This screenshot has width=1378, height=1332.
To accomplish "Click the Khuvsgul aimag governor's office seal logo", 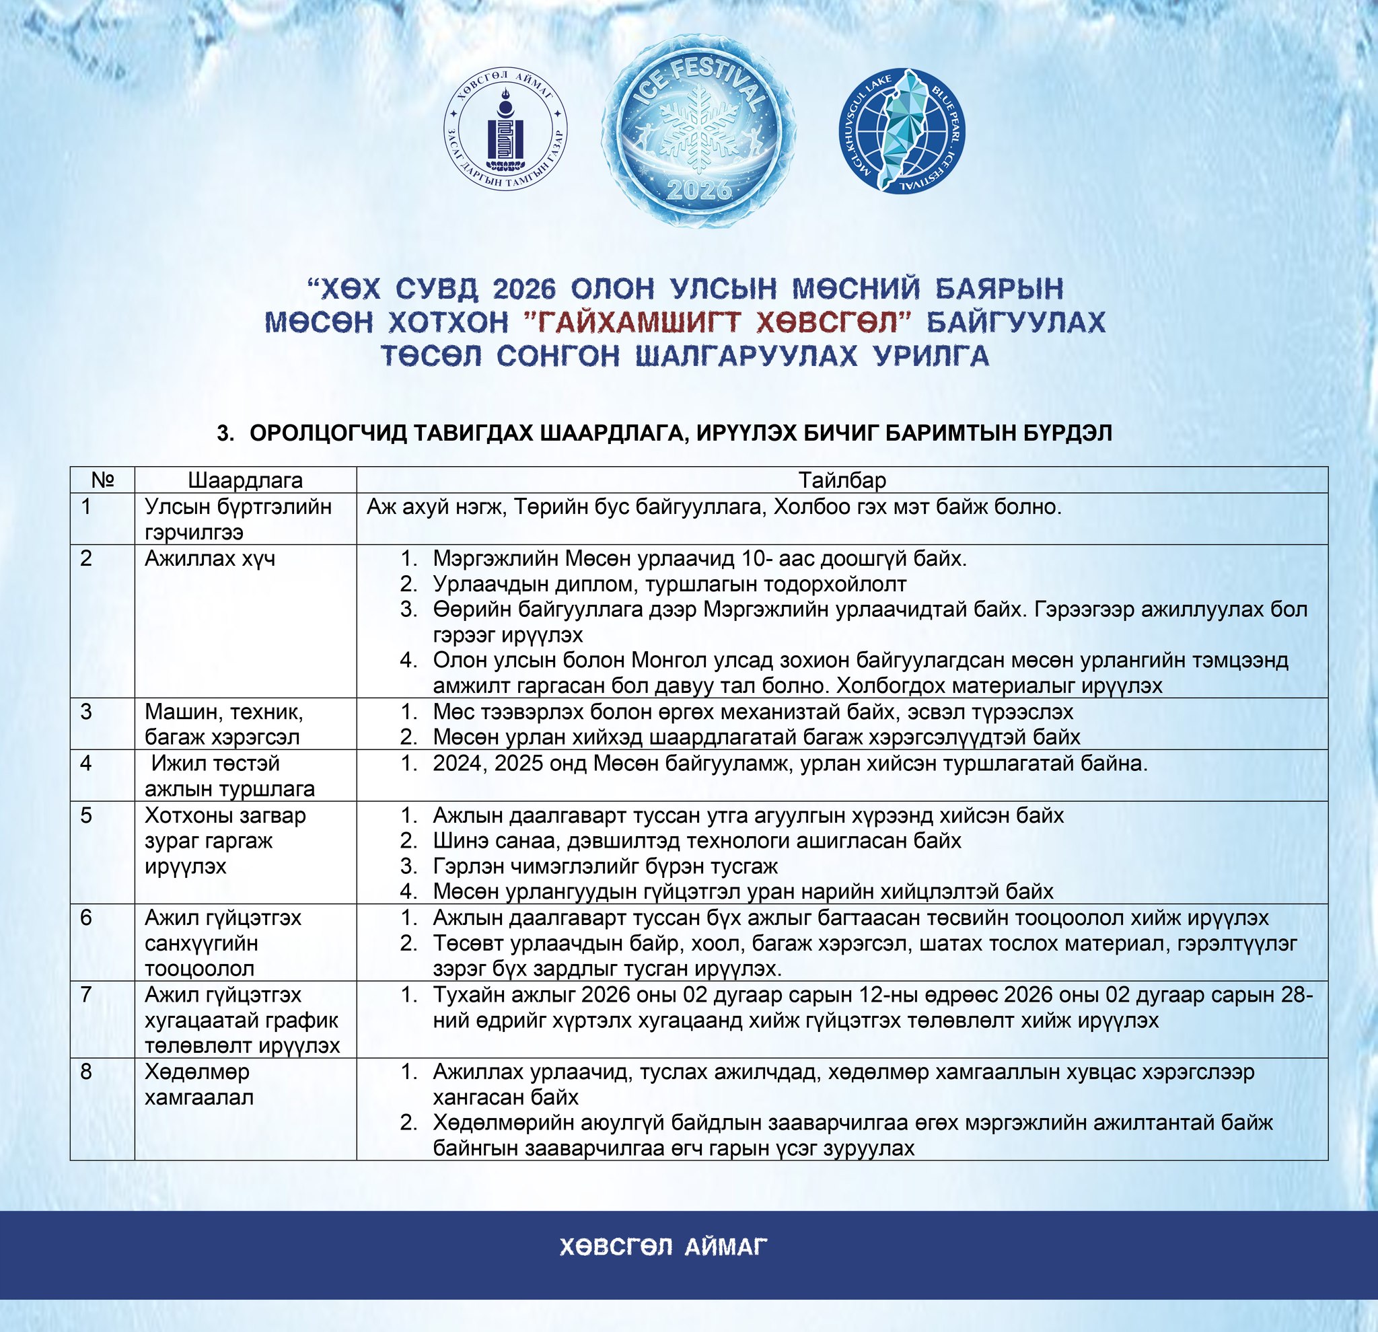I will [x=505, y=132].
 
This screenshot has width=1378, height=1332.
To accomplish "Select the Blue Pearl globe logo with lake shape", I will [x=903, y=130].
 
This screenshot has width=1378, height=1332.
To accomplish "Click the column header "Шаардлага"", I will [x=245, y=480].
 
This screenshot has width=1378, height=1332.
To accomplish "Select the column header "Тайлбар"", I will [x=842, y=480].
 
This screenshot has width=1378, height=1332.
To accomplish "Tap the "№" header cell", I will [x=103, y=480].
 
